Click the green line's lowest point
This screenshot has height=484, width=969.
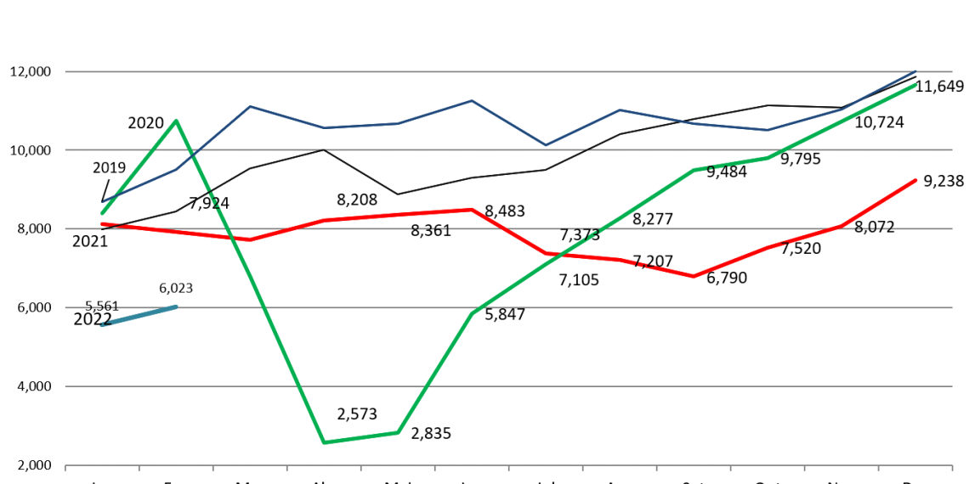point(324,442)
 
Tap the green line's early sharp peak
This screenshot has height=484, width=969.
point(176,121)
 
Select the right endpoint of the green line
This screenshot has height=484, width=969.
point(916,85)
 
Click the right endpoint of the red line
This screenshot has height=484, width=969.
point(916,180)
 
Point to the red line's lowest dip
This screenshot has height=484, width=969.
point(694,276)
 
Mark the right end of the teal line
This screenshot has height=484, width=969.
point(176,306)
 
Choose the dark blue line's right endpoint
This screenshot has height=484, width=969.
point(916,70)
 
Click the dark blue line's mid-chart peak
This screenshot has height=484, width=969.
point(472,101)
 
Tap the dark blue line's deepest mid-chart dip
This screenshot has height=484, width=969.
point(546,145)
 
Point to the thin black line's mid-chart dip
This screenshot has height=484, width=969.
point(398,194)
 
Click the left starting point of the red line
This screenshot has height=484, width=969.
point(102,224)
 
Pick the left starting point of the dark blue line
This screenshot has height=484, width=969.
point(102,203)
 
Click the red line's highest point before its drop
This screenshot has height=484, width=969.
point(472,209)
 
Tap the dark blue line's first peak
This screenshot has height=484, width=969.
point(250,106)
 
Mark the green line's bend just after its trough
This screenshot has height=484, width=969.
point(398,433)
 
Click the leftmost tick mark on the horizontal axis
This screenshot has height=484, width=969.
point(65,466)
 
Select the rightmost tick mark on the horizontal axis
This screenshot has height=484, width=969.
point(951,466)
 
